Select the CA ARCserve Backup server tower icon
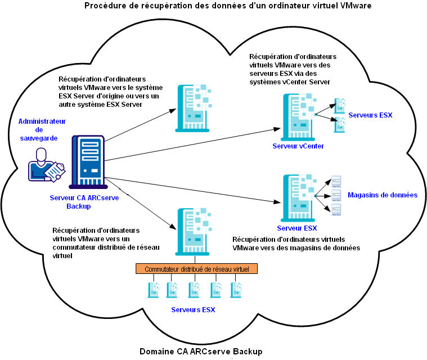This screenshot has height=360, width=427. (87, 162)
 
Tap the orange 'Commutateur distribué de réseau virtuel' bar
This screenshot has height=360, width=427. (196, 269)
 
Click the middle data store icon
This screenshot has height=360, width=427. (336, 195)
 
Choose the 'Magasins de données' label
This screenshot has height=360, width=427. (382, 195)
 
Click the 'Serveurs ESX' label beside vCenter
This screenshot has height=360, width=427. (370, 115)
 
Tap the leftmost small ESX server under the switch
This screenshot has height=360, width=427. (153, 289)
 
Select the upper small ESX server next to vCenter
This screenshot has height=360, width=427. (339, 105)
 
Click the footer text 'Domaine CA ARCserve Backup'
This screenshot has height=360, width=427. (201, 352)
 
